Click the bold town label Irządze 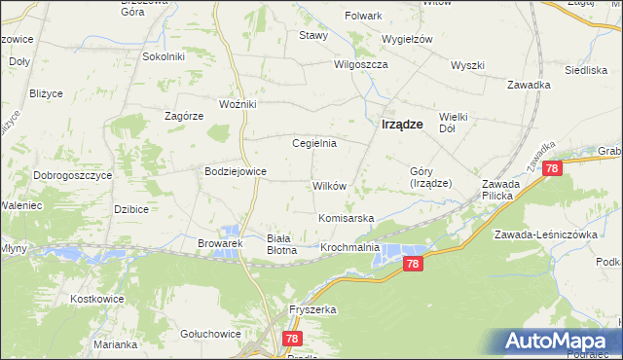click(401, 124)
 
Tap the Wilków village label click(328, 185)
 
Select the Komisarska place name click(346, 218)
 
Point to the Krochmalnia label click(350, 249)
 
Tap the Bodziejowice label click(235, 171)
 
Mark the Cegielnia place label click(314, 143)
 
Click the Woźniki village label click(238, 104)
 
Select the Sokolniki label click(164, 56)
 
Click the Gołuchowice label click(210, 334)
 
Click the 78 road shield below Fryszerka click(292, 339)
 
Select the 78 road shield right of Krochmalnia click(414, 264)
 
